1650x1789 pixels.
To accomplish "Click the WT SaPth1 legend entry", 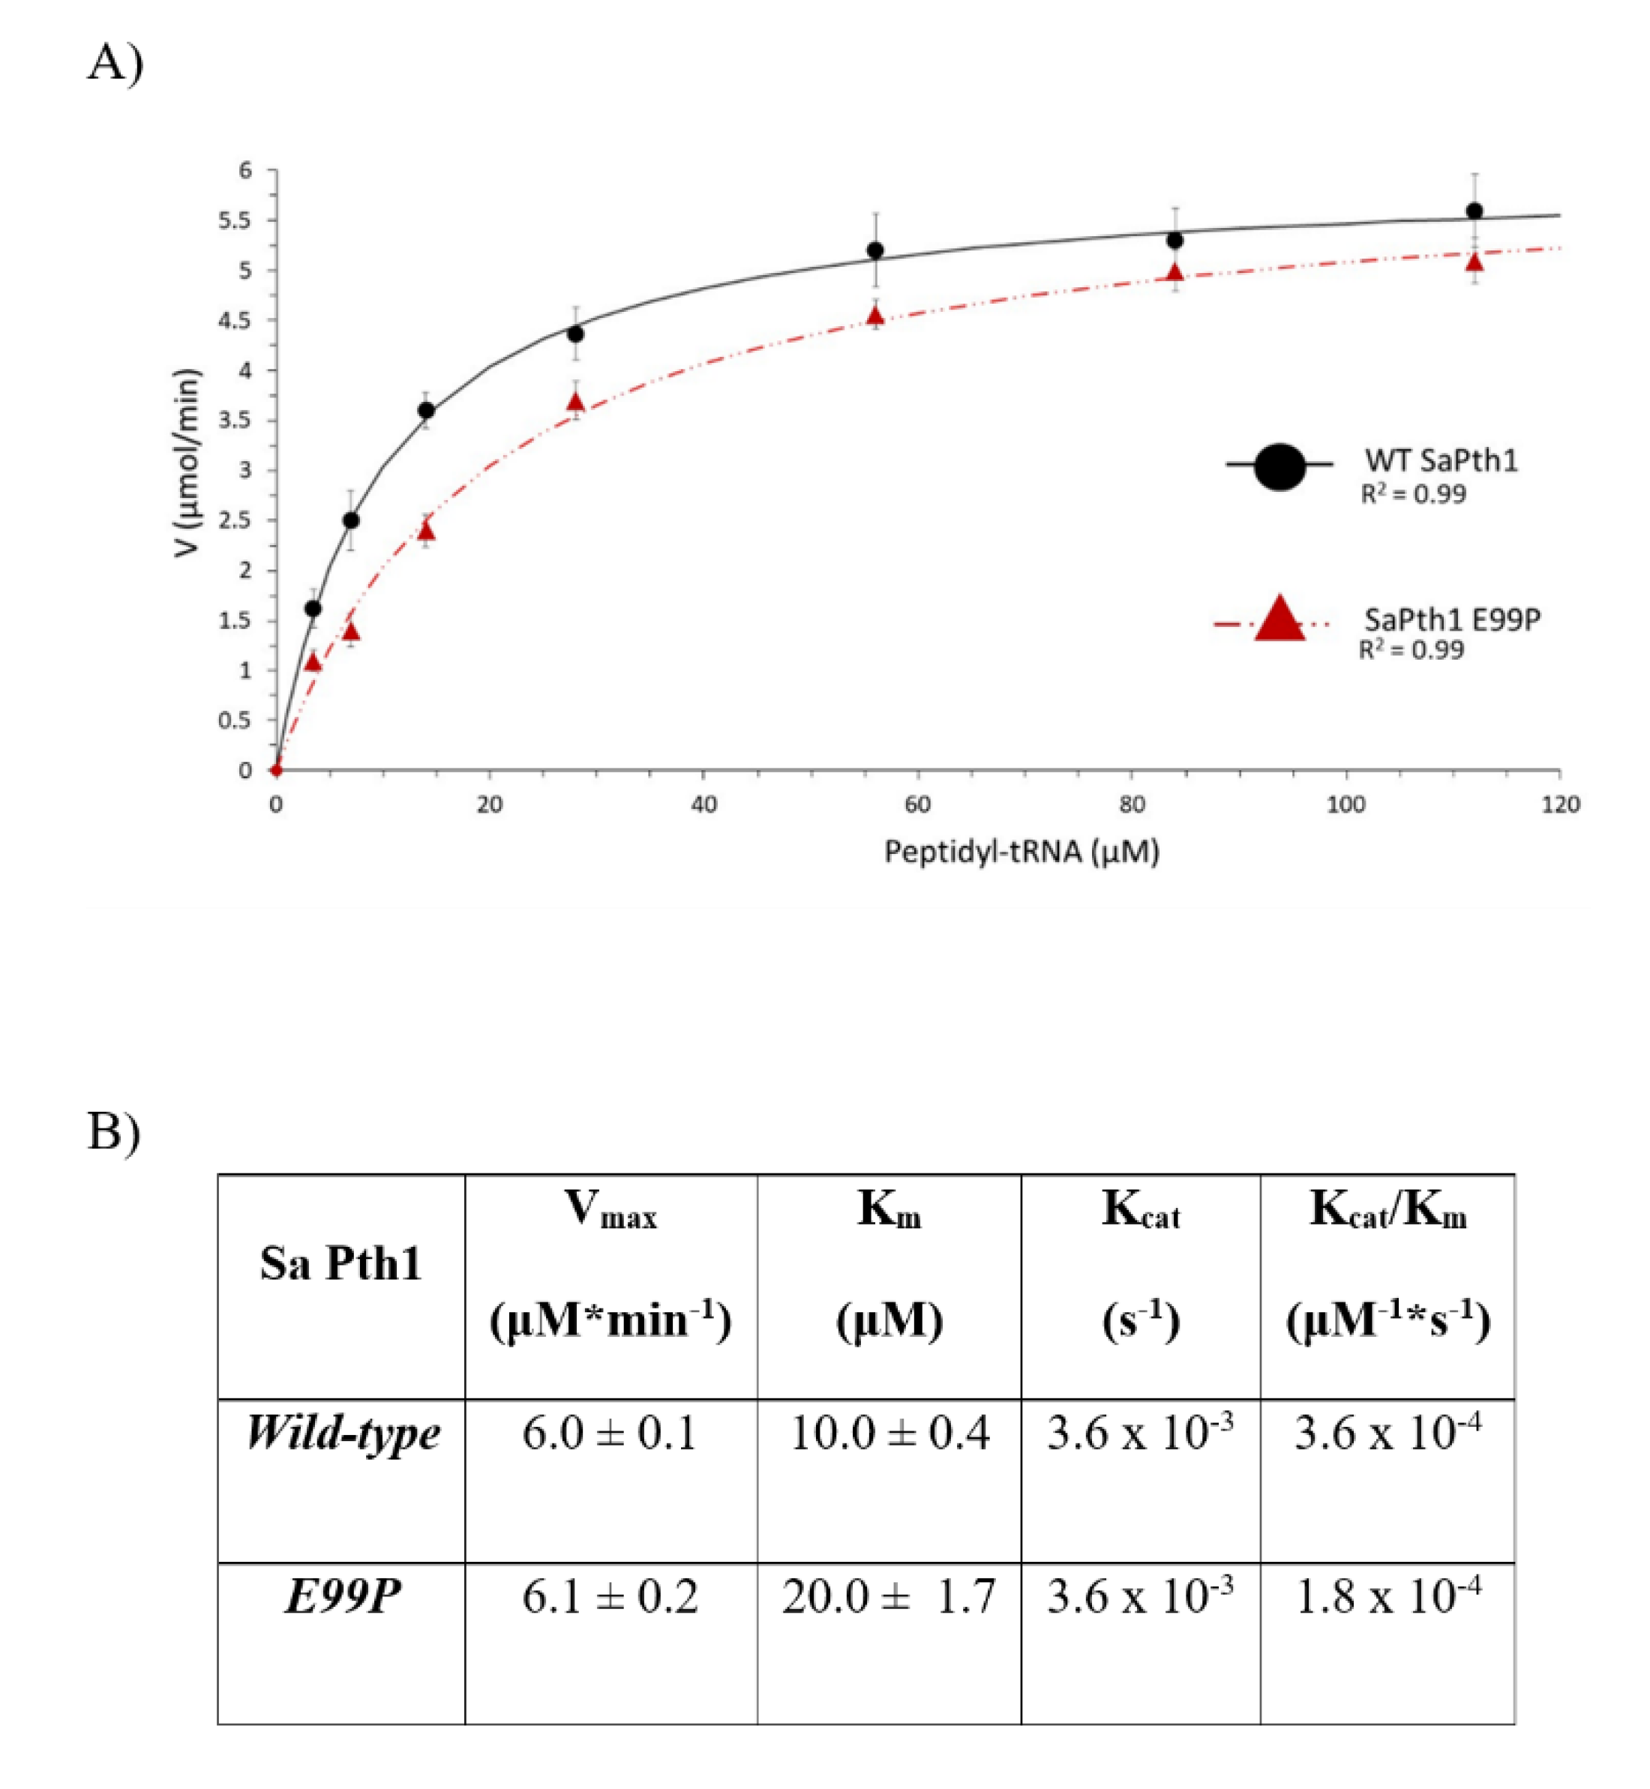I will point(1439,462).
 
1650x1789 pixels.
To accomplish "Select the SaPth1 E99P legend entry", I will point(1452,619).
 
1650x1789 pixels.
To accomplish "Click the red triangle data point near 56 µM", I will point(875,316).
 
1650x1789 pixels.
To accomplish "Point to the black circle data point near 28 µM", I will point(576,334).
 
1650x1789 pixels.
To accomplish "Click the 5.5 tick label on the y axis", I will point(235,220).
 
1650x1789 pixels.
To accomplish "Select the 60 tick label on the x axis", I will point(918,805).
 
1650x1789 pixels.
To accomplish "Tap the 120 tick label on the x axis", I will point(1560,805).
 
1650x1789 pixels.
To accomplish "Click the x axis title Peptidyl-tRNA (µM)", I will point(1021,852).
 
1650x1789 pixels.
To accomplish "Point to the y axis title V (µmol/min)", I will point(187,464).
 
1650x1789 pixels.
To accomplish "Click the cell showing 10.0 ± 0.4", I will point(889,1434).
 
